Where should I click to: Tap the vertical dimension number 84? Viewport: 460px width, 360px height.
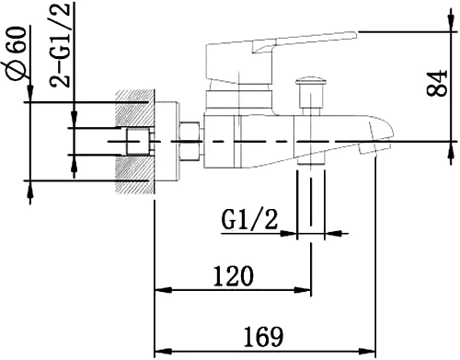pyautogui.click(x=438, y=85)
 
